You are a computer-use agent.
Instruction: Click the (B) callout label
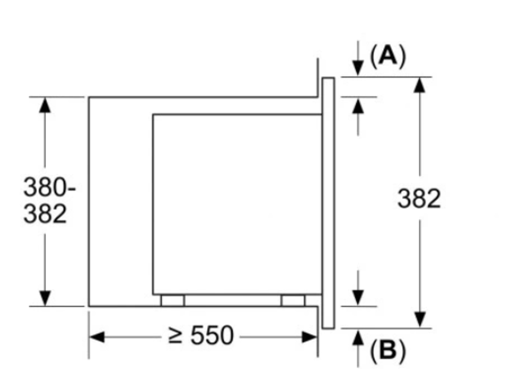click(x=388, y=350)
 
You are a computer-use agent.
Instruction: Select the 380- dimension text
click(x=49, y=187)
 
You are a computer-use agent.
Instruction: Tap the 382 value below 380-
click(x=45, y=214)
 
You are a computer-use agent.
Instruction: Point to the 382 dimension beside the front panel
click(x=419, y=198)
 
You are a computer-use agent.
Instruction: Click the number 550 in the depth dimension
click(x=212, y=335)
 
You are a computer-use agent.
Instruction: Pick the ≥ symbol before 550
click(x=175, y=336)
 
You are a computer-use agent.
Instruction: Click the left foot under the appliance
click(x=173, y=300)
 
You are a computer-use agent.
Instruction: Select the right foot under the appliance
click(x=293, y=300)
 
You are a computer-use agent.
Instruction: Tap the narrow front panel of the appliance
click(x=328, y=203)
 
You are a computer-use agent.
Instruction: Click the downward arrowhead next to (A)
click(x=358, y=68)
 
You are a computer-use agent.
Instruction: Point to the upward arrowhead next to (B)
click(x=358, y=337)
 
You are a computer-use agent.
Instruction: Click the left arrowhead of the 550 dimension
click(x=97, y=337)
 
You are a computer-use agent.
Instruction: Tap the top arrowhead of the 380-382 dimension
click(x=45, y=105)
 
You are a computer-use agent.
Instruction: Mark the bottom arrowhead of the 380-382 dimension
click(x=45, y=298)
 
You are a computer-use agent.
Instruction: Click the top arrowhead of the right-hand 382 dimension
click(x=420, y=85)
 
